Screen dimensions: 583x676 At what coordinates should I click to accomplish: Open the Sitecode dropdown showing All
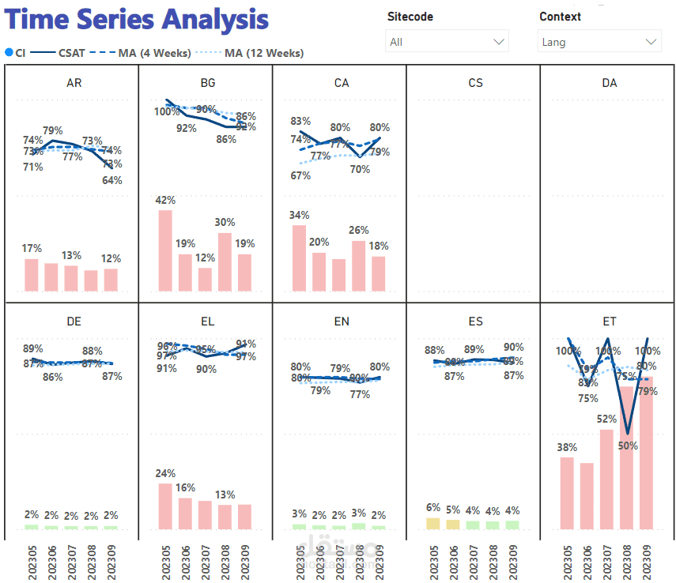point(447,42)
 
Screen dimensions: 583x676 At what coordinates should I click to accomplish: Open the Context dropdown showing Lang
point(599,42)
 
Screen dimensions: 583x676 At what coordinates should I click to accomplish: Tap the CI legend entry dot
point(9,53)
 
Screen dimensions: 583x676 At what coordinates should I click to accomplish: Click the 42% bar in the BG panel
point(165,250)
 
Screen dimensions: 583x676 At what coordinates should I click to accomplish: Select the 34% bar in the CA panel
point(299,258)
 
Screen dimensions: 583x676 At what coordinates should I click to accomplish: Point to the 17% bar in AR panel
point(32,274)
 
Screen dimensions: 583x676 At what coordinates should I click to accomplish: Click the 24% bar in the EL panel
point(165,506)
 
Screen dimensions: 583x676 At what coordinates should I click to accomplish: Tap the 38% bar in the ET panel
point(567,492)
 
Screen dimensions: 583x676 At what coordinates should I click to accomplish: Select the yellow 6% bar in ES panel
point(432,523)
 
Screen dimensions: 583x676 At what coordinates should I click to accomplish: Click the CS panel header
point(475,83)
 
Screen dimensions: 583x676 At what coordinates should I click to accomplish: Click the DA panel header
point(609,83)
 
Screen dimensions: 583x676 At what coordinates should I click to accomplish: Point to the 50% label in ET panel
point(628,446)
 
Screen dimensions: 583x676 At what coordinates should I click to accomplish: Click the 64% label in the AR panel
point(112,180)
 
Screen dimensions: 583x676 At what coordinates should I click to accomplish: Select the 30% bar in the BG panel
point(225,261)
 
